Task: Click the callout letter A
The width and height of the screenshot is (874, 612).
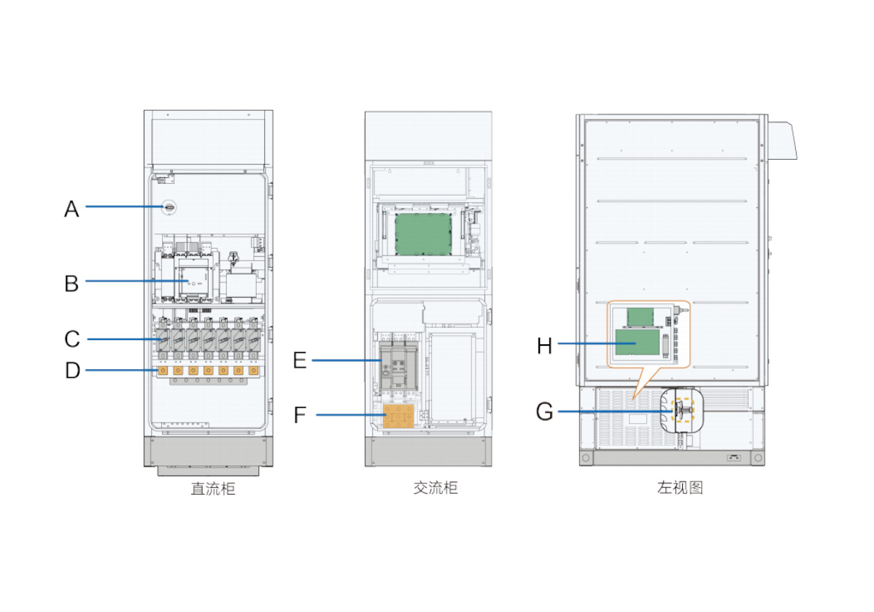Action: (71, 209)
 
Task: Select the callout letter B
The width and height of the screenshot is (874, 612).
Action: (71, 282)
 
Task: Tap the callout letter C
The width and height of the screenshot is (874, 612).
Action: (71, 339)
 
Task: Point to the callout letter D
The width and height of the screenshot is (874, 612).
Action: (71, 371)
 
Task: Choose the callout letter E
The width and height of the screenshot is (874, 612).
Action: (300, 360)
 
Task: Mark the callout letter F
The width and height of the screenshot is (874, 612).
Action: (300, 415)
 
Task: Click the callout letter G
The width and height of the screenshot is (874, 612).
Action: (544, 412)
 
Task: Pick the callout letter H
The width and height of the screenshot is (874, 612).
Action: (544, 344)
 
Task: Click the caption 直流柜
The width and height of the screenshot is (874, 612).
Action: (213, 489)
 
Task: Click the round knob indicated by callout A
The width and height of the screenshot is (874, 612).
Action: (169, 208)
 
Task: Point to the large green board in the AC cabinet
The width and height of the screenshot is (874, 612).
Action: (423, 233)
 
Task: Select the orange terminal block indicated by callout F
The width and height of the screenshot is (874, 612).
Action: (398, 415)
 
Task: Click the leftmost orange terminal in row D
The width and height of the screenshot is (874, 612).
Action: (163, 371)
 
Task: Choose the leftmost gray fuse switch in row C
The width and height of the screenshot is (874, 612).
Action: (163, 339)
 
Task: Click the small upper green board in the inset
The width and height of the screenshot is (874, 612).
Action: (641, 317)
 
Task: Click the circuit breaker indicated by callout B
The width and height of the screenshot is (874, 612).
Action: (193, 281)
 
